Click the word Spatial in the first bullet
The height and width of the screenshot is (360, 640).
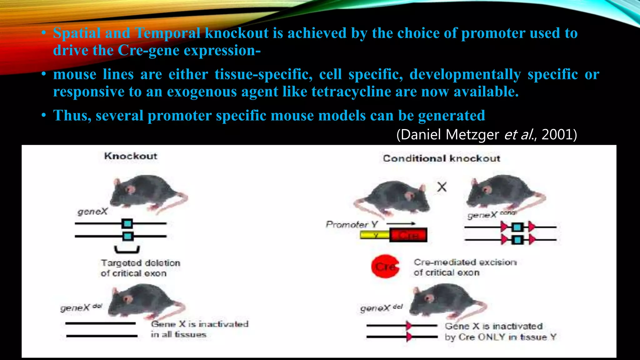[77, 33]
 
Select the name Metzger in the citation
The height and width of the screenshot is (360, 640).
[472, 135]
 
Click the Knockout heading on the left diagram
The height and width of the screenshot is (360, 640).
[131, 156]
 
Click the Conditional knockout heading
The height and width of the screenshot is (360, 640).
[441, 158]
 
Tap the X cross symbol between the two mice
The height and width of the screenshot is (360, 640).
[442, 187]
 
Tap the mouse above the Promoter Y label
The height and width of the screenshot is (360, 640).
[394, 197]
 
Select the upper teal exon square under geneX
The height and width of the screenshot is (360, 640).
[127, 223]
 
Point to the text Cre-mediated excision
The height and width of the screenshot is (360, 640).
[465, 262]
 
